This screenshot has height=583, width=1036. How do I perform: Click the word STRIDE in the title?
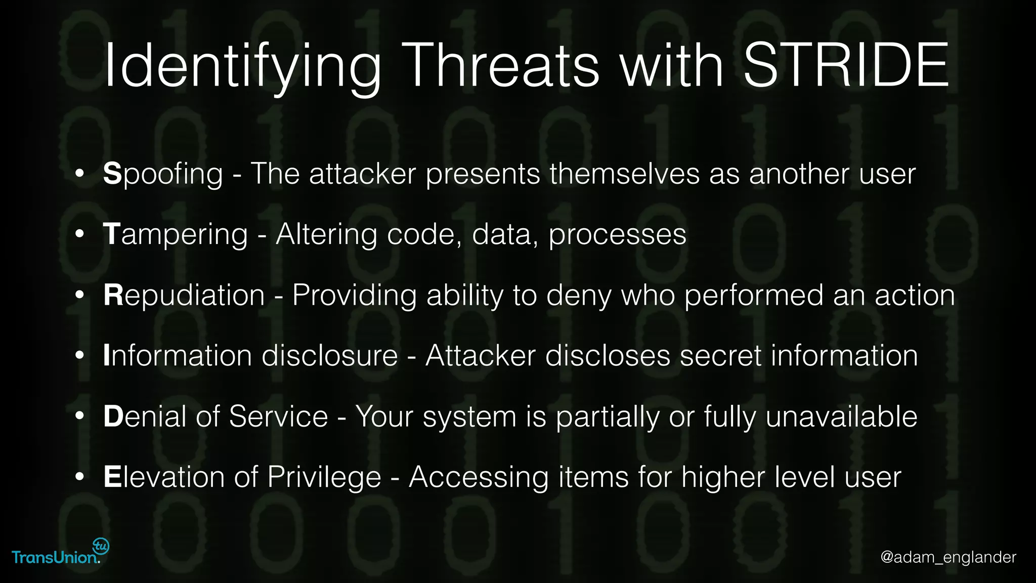846,66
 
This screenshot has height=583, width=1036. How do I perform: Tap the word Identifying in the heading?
242,66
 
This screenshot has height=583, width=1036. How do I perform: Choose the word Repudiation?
184,295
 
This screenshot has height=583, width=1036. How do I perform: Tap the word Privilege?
324,477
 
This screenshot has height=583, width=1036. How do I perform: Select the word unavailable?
841,417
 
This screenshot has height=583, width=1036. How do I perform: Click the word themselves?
625,174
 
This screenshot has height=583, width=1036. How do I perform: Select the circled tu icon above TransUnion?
101,546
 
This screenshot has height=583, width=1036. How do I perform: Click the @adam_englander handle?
948,557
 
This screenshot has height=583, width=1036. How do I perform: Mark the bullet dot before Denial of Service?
79,417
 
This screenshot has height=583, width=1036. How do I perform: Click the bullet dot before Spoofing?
79,174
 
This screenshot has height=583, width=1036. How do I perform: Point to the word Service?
278,417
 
